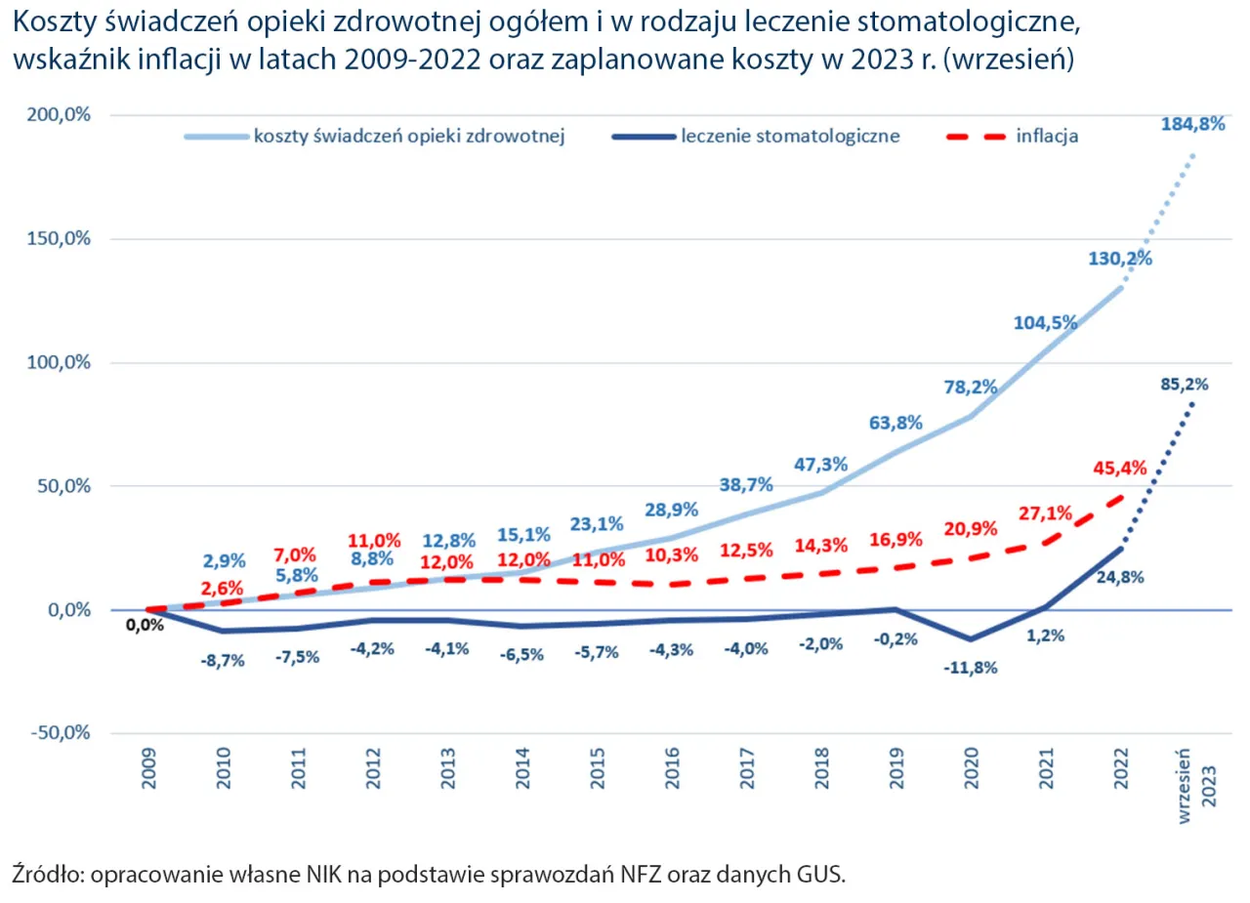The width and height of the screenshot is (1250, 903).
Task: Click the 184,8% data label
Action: pos(1190,124)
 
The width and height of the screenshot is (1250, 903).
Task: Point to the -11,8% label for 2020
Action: pos(969,669)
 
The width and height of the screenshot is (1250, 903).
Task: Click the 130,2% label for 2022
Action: pos(1119,259)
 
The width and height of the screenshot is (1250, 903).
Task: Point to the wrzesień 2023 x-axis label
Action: pos(1197,787)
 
